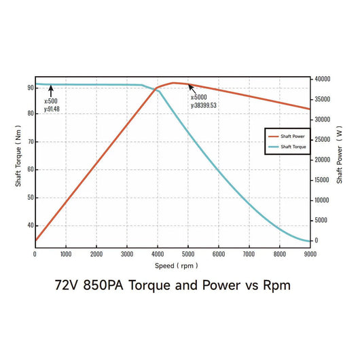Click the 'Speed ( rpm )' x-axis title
173,266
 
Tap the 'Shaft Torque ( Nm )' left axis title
18,159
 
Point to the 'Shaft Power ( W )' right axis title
339,159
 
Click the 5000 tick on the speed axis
188,254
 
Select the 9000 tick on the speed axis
310,254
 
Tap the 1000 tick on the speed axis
66,254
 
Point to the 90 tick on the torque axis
30,88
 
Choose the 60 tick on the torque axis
30,170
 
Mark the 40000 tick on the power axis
322,79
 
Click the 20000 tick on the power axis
322,160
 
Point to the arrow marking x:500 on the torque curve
51,89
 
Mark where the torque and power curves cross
157,88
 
